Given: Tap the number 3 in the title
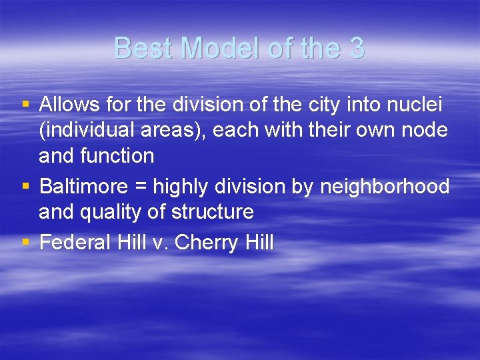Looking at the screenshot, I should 357,48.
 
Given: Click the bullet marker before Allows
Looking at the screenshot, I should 25,105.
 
